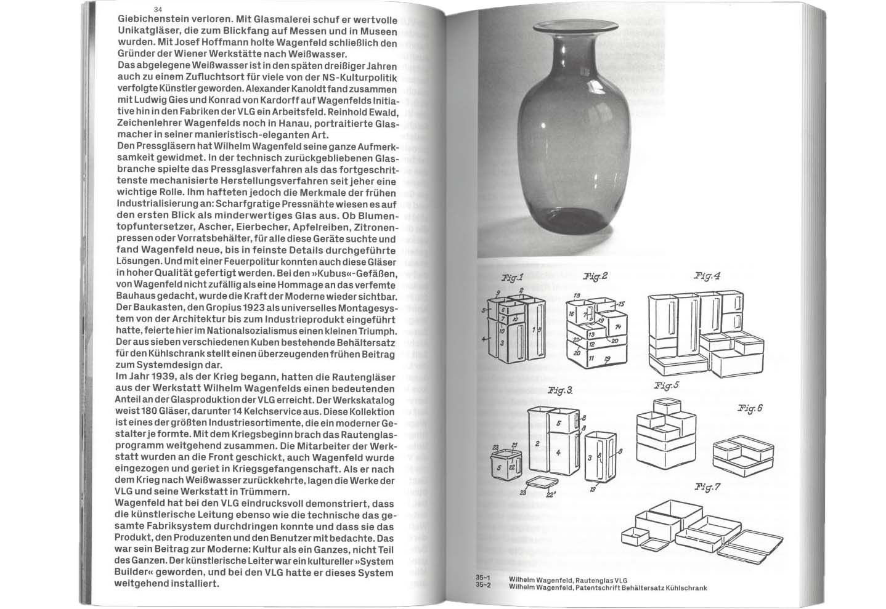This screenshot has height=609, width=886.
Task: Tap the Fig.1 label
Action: pyautogui.click(x=512, y=278)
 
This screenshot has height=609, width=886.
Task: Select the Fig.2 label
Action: pyautogui.click(x=595, y=276)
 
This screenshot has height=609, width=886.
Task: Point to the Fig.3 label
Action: pyautogui.click(x=560, y=390)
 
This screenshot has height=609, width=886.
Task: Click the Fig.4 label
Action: pyautogui.click(x=707, y=276)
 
